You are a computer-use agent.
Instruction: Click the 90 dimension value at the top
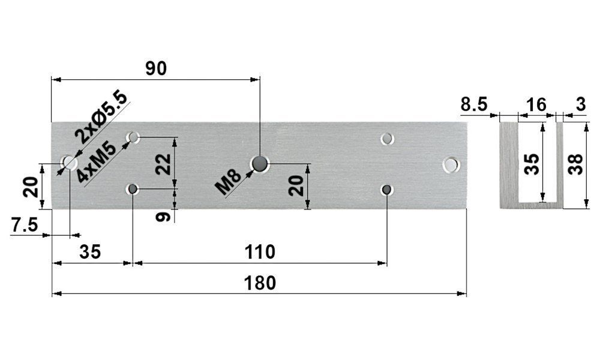tap(156, 68)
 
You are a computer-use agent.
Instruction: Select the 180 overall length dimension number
tap(261, 283)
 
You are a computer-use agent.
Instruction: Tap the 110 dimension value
tap(260, 252)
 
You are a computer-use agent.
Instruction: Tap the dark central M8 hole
tap(260, 163)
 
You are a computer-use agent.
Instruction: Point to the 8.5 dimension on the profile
tap(474, 105)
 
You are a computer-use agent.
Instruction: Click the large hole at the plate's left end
tap(69, 163)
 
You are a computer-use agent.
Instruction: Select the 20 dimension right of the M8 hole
tap(295, 187)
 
